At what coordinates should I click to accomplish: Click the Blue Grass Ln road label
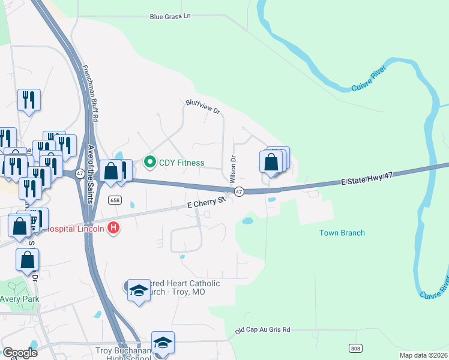coord(170,16)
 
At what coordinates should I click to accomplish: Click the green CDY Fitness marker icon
coord(149,162)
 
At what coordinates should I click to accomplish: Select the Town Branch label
coord(342,233)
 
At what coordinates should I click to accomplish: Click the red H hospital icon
coord(113,227)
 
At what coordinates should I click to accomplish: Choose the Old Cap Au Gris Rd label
coord(262,330)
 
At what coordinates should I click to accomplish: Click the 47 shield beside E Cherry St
coord(239,191)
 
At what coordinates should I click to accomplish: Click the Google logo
coord(20,353)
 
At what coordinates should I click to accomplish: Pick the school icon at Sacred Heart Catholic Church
coord(139,289)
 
